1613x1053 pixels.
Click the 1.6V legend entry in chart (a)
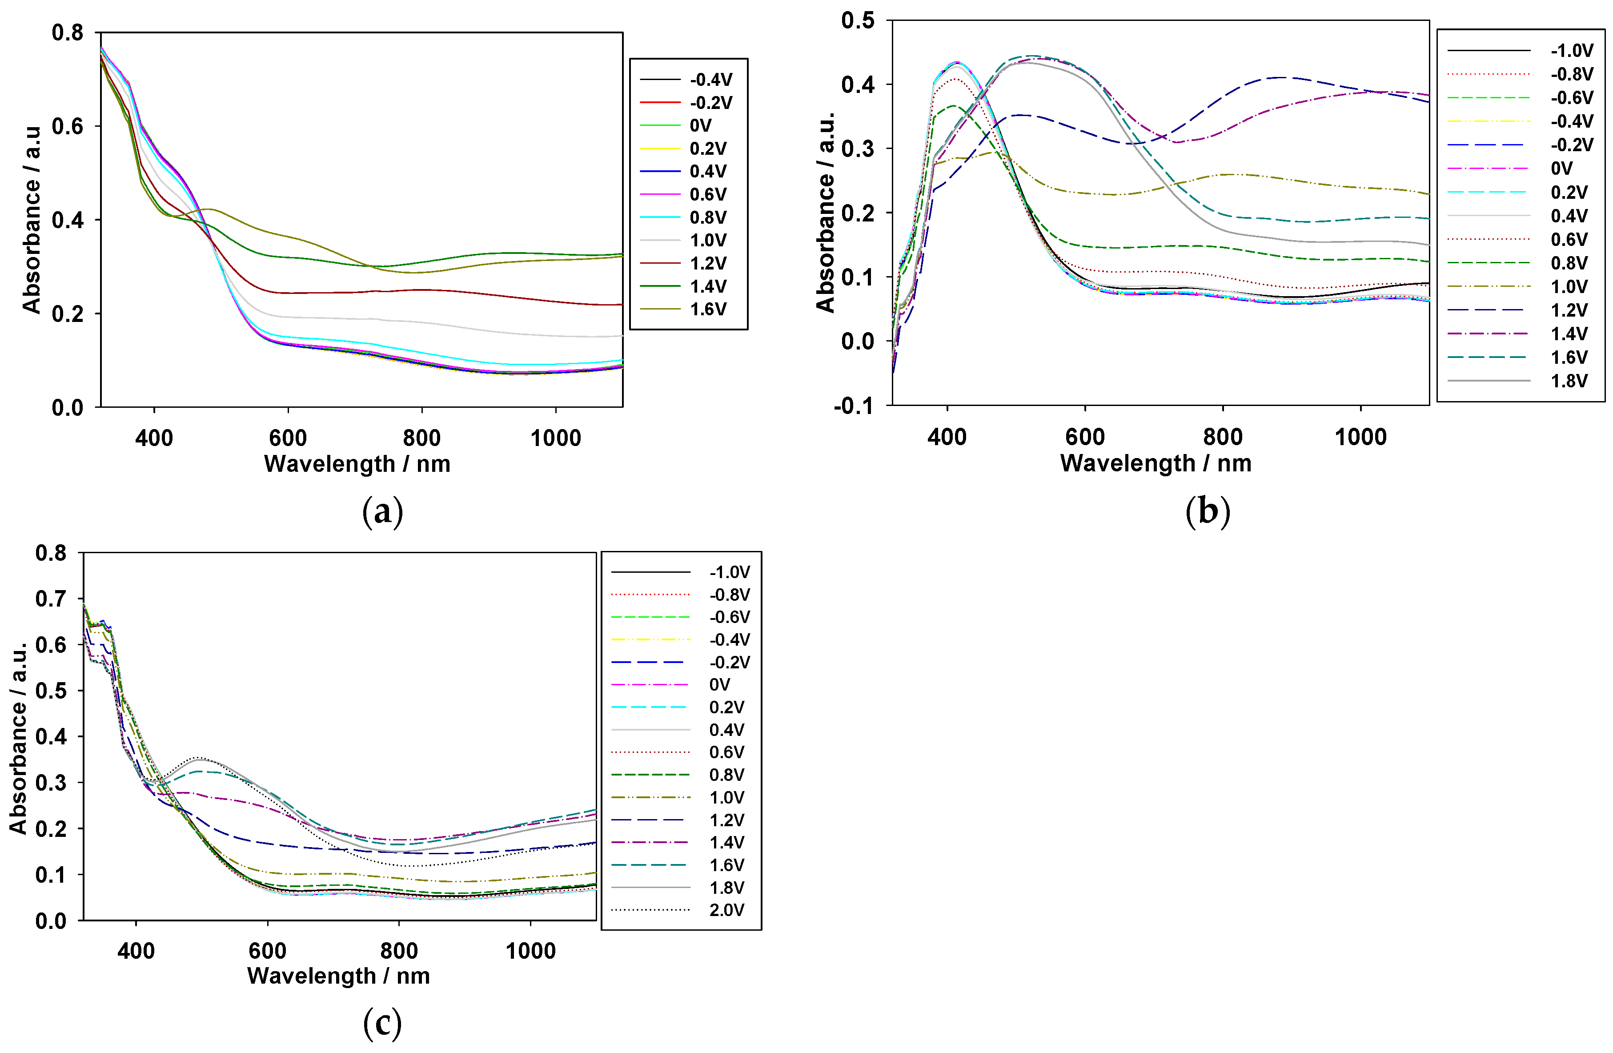tap(707, 309)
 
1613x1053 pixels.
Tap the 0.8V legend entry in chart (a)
tap(707, 217)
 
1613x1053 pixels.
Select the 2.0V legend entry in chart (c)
tap(726, 910)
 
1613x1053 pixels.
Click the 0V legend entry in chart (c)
tap(719, 685)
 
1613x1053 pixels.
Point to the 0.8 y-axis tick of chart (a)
tap(67, 32)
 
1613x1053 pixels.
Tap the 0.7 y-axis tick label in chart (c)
tap(51, 599)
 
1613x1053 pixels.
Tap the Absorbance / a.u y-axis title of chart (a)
tap(32, 219)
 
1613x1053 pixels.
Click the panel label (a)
tap(382, 512)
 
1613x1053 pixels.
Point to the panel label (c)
tap(382, 1023)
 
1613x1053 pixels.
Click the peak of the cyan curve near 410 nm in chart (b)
tap(956, 62)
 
